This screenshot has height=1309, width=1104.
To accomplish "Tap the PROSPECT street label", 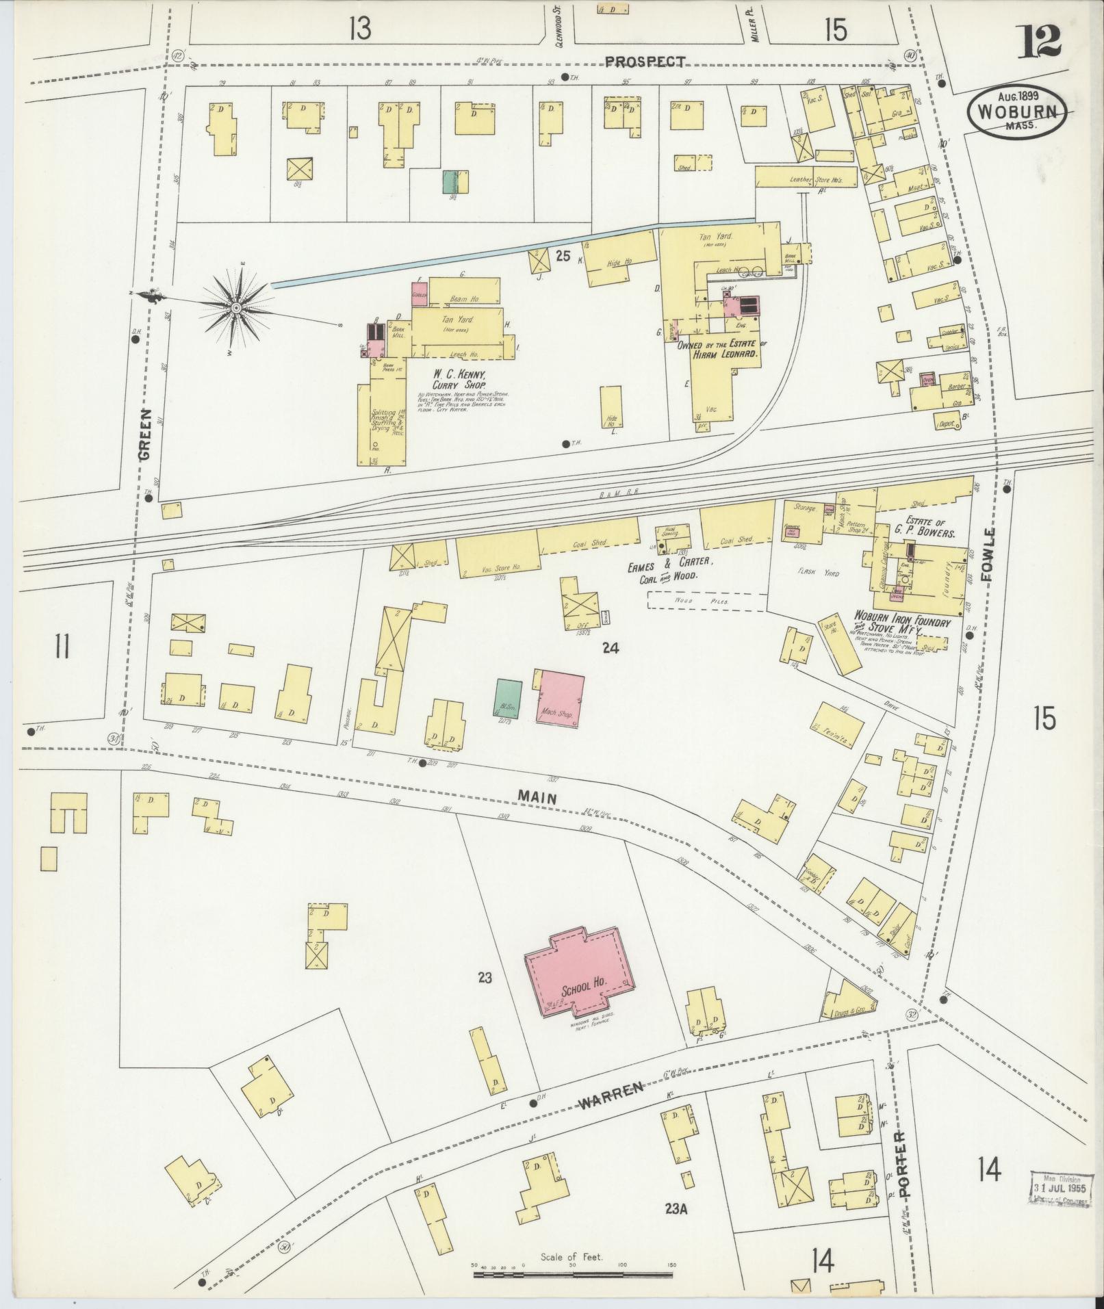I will pyautogui.click(x=645, y=62).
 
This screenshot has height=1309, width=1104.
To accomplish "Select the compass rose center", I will pyautogui.click(x=235, y=309).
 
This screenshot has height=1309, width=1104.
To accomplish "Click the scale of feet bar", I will pyautogui.click(x=574, y=1274).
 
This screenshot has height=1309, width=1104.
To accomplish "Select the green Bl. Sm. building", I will pyautogui.click(x=507, y=699).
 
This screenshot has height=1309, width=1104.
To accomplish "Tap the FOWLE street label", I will pyautogui.click(x=988, y=554).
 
